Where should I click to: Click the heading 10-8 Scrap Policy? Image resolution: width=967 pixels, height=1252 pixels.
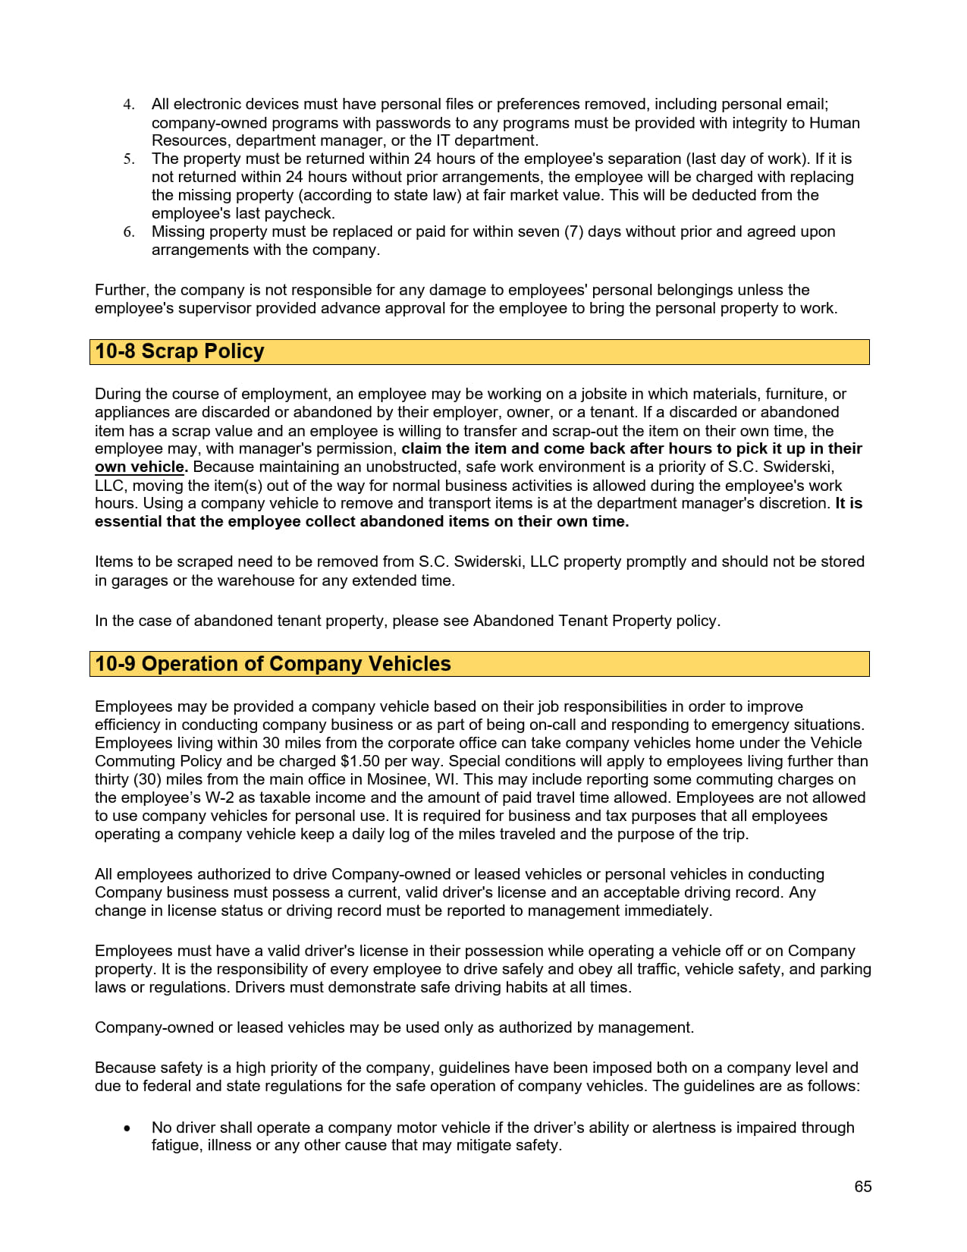click(x=180, y=351)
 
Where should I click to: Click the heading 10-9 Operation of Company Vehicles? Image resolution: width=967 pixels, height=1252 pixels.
click(x=273, y=664)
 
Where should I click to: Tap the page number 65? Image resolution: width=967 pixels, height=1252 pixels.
click(x=862, y=1187)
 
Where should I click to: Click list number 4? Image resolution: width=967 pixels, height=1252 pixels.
click(x=129, y=105)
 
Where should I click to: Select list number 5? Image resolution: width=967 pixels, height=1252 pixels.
click(x=129, y=159)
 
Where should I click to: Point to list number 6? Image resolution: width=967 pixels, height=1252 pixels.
click(x=129, y=232)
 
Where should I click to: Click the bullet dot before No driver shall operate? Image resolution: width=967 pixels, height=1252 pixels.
click(x=127, y=1128)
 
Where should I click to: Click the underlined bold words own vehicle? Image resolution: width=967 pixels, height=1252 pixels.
click(x=140, y=467)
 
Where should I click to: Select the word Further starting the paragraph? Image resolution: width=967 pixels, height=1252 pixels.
click(x=121, y=290)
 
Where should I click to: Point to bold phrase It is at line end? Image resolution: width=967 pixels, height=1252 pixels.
click(x=849, y=503)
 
